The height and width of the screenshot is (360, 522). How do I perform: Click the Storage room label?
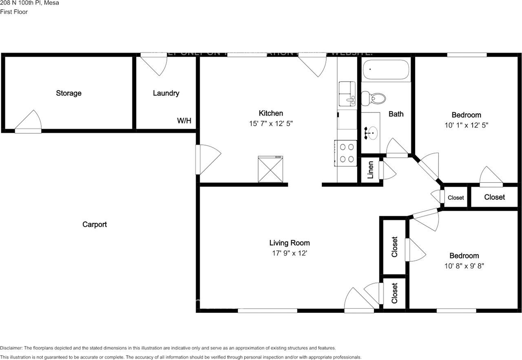click(x=69, y=93)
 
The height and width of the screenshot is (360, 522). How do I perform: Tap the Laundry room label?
click(x=166, y=93)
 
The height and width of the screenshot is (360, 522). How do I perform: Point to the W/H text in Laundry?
click(x=184, y=121)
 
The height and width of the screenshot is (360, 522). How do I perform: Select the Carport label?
click(x=95, y=224)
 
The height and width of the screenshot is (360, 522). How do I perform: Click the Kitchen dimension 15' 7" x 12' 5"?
click(x=271, y=123)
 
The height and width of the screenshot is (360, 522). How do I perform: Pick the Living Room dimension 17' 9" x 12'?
click(x=289, y=253)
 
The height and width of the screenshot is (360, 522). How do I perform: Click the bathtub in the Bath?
click(x=385, y=70)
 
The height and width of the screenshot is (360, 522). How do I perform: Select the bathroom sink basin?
click(x=372, y=132)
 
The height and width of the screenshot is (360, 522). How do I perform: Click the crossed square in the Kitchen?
click(x=270, y=170)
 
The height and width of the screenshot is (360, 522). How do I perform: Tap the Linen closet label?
click(x=371, y=170)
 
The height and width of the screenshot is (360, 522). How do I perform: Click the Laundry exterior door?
click(x=155, y=64)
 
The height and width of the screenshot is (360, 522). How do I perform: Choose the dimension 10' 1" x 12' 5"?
click(x=466, y=126)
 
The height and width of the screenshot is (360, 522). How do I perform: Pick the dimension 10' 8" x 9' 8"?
click(x=464, y=266)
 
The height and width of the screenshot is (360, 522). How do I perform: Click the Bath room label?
click(x=396, y=114)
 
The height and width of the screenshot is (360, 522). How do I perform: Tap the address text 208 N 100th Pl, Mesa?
click(x=29, y=3)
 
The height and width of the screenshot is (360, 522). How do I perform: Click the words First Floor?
click(x=14, y=12)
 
